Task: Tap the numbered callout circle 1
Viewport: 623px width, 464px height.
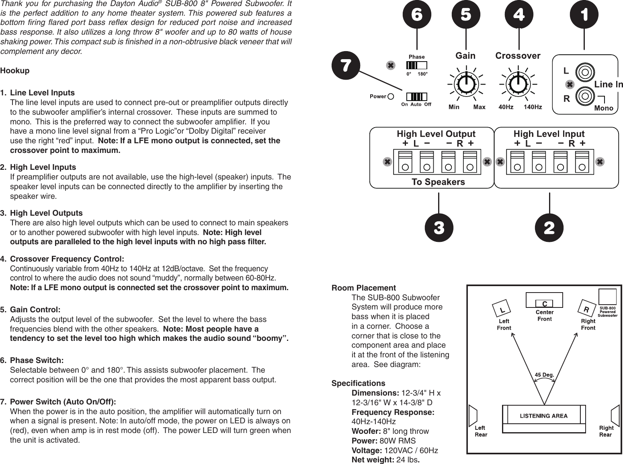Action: click(584, 15)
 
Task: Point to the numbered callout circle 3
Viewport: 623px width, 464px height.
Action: click(439, 228)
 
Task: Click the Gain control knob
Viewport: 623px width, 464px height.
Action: click(466, 84)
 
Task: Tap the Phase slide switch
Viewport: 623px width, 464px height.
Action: click(417, 65)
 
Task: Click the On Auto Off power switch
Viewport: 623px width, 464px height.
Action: click(416, 97)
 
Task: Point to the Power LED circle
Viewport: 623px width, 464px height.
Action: click(391, 97)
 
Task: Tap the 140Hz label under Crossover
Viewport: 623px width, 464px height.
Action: click(533, 107)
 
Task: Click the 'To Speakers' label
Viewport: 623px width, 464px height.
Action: click(438, 182)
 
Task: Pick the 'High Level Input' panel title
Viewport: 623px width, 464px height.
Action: click(549, 134)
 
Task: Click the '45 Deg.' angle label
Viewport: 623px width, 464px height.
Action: click(544, 375)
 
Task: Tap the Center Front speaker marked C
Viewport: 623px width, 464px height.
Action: click(545, 303)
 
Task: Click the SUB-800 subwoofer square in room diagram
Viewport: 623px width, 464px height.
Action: click(607, 297)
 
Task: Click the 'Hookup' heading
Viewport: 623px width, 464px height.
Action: click(15, 71)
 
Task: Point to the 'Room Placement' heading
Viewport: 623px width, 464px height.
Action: click(363, 288)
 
